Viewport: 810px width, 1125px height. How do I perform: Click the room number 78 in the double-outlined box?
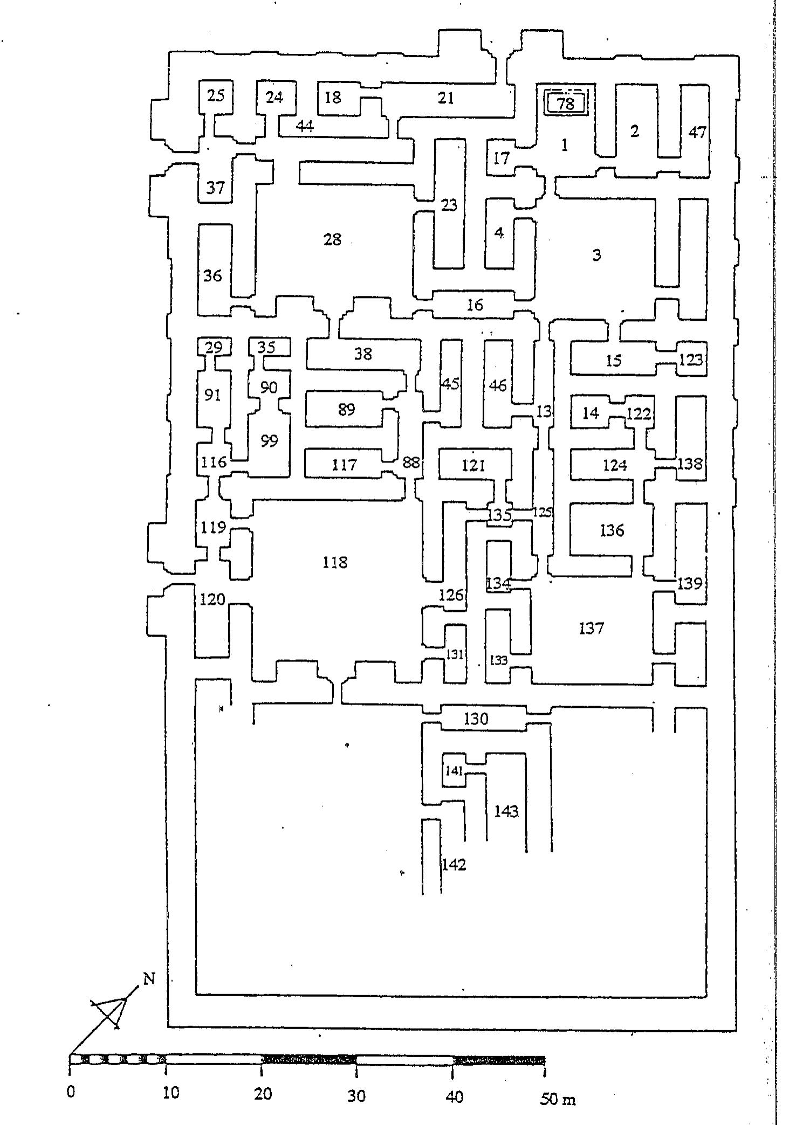[x=566, y=103]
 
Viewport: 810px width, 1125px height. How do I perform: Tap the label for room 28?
[x=332, y=239]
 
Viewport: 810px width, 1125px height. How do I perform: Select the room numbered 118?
[x=334, y=563]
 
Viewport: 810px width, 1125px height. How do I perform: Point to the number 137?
[x=591, y=628]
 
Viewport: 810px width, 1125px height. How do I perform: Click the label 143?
[x=506, y=811]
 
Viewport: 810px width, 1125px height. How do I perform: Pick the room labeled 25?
[x=216, y=96]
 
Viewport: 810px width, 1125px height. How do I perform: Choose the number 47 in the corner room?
[x=697, y=132]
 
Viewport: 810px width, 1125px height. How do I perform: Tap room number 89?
[x=346, y=410]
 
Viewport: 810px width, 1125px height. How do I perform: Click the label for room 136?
[x=612, y=530]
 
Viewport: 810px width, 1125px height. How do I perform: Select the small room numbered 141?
[x=454, y=771]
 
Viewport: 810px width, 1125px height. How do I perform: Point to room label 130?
[x=476, y=719]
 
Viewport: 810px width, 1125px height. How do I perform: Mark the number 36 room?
[x=212, y=276]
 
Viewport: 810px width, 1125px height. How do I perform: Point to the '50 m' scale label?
[x=558, y=1094]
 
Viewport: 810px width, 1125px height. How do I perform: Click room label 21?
[x=445, y=98]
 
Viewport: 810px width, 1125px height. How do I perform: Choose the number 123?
[x=691, y=359]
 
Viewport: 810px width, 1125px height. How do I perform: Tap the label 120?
[x=212, y=599]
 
